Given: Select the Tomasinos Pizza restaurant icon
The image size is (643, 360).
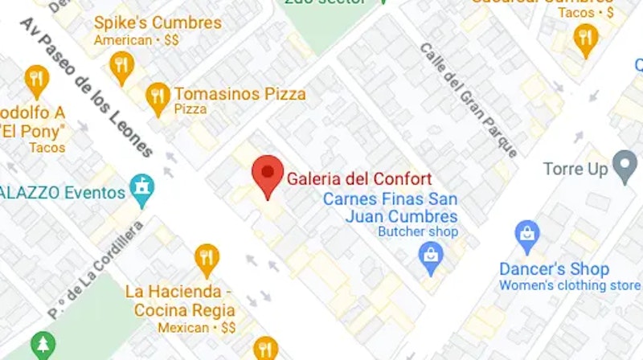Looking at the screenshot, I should click(x=158, y=97).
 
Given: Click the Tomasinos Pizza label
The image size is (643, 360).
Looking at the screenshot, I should click(x=240, y=93).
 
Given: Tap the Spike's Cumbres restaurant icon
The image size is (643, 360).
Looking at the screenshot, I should click(x=121, y=65).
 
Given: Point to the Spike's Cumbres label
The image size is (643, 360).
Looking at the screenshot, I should click(x=158, y=22).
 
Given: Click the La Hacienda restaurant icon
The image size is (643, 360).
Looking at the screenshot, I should click(x=207, y=258).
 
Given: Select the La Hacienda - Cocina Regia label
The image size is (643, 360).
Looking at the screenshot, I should click(x=179, y=301).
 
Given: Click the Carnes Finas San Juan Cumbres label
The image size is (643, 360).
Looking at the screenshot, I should click(x=391, y=208).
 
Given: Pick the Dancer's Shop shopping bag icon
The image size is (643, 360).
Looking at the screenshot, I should click(x=527, y=235).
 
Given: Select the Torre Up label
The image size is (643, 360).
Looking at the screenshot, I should click(x=575, y=170).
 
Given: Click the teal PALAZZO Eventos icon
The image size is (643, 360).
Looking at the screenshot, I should click(x=142, y=190).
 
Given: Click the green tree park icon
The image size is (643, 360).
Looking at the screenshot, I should click(x=43, y=346).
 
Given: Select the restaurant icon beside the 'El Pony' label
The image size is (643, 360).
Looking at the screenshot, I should click(x=36, y=80).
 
